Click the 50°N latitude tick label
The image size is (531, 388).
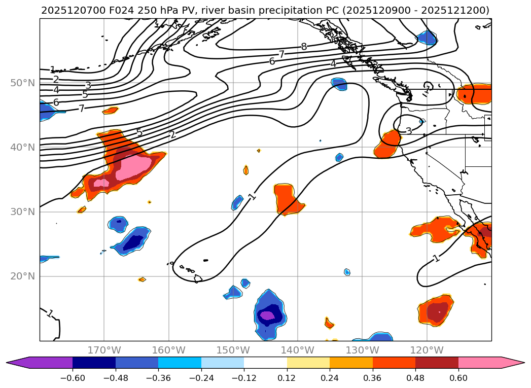click(22, 83)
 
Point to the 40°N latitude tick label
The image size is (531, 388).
click(22, 147)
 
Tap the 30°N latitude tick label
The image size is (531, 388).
click(22, 211)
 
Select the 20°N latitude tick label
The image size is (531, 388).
click(22, 276)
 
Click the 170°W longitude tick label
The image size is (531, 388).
click(104, 350)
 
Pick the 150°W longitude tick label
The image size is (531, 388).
click(233, 350)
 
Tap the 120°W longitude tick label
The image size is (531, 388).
click(427, 350)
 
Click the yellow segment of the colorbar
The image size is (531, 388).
click(308, 363)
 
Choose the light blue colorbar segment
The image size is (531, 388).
click(223, 363)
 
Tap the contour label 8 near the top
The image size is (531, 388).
click(304, 47)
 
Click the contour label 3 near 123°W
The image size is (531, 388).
click(409, 131)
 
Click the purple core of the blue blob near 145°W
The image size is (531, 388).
click(266, 315)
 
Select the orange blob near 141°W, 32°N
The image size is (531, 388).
click(288, 198)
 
